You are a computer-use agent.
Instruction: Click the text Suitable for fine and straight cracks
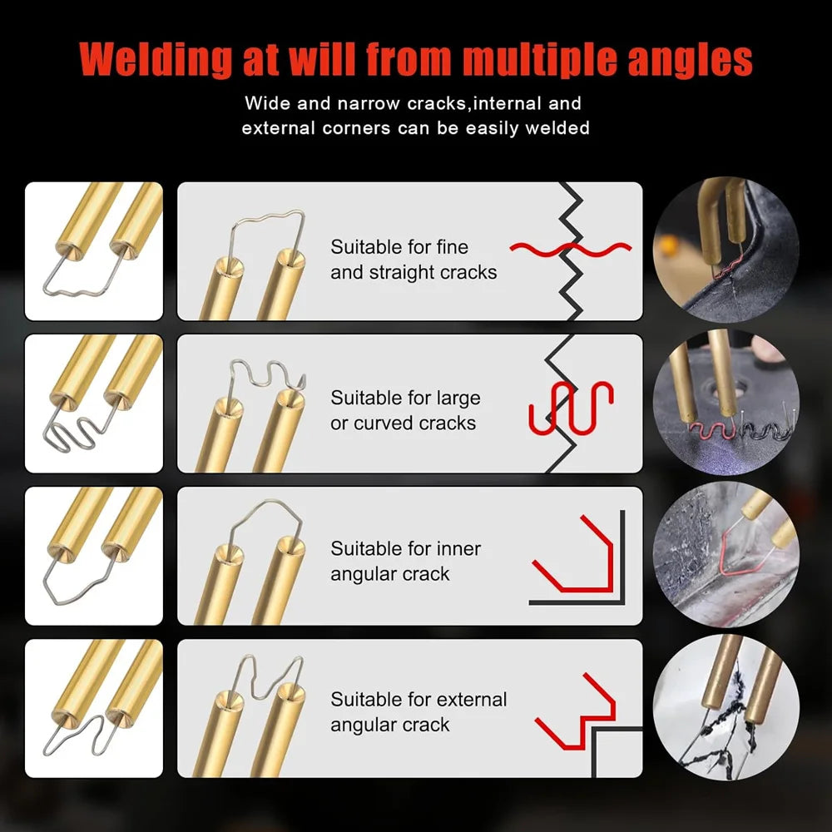pos(414,260)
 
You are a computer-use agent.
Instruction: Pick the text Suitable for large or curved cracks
pos(405,410)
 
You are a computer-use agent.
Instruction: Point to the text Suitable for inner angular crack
pos(405,561)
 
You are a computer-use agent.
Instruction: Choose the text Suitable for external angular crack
pos(418,711)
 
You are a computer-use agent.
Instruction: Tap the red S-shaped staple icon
pos(572,407)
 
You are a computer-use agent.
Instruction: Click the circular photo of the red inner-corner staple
pos(726,554)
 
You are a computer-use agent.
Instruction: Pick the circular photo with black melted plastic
pos(726,707)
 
